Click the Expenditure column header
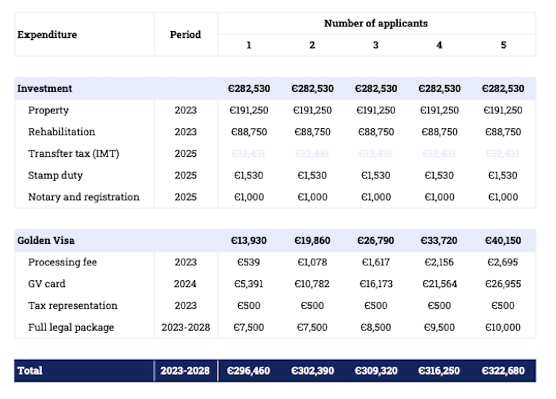click(47, 35)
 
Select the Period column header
click(185, 35)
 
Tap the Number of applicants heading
click(376, 23)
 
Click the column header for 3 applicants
click(376, 45)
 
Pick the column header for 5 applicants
click(503, 45)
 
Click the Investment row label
click(45, 88)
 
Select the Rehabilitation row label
click(61, 132)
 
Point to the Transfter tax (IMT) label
click(74, 154)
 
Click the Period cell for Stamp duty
click(185, 175)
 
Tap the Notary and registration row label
click(84, 197)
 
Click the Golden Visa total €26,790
click(376, 240)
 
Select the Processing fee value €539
click(249, 262)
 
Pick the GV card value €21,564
click(439, 284)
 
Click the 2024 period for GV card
click(185, 284)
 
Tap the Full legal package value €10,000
click(503, 327)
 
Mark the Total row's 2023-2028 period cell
click(185, 371)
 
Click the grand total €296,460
click(249, 371)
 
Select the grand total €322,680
click(503, 371)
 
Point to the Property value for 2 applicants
click(312, 111)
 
